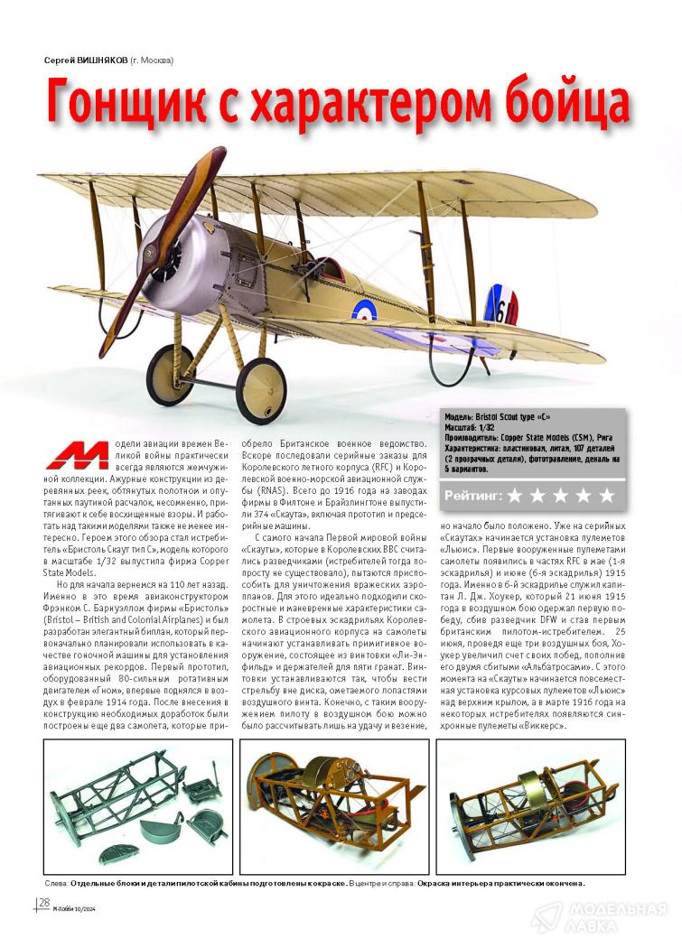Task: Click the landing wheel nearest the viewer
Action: point(260,386)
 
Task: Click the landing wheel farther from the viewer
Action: point(171,374)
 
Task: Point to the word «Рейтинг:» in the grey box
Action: point(473,496)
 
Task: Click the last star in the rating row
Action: point(606,495)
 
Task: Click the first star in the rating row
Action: point(515,495)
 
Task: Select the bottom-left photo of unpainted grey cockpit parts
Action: point(138,805)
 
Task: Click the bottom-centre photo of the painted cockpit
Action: point(333,805)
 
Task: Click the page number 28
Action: point(43,903)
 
